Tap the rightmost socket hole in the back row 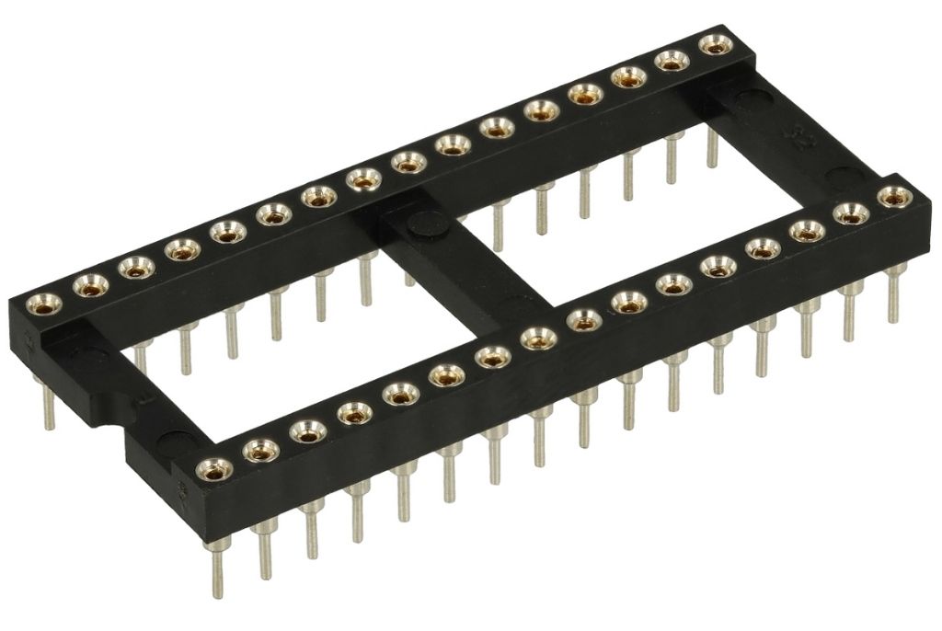tap(713, 44)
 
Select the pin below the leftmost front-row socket tap(217, 561)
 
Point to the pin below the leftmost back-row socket tap(49, 405)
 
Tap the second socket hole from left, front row tap(261, 450)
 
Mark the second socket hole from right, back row tap(672, 61)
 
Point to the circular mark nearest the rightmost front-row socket tap(841, 176)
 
